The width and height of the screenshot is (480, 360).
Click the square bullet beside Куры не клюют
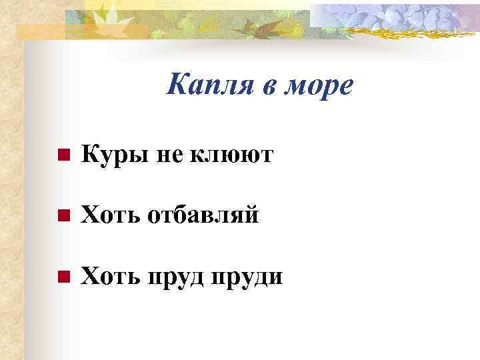(63, 157)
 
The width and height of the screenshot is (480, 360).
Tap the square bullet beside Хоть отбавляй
(63, 217)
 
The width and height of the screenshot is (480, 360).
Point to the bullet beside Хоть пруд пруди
(63, 277)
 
